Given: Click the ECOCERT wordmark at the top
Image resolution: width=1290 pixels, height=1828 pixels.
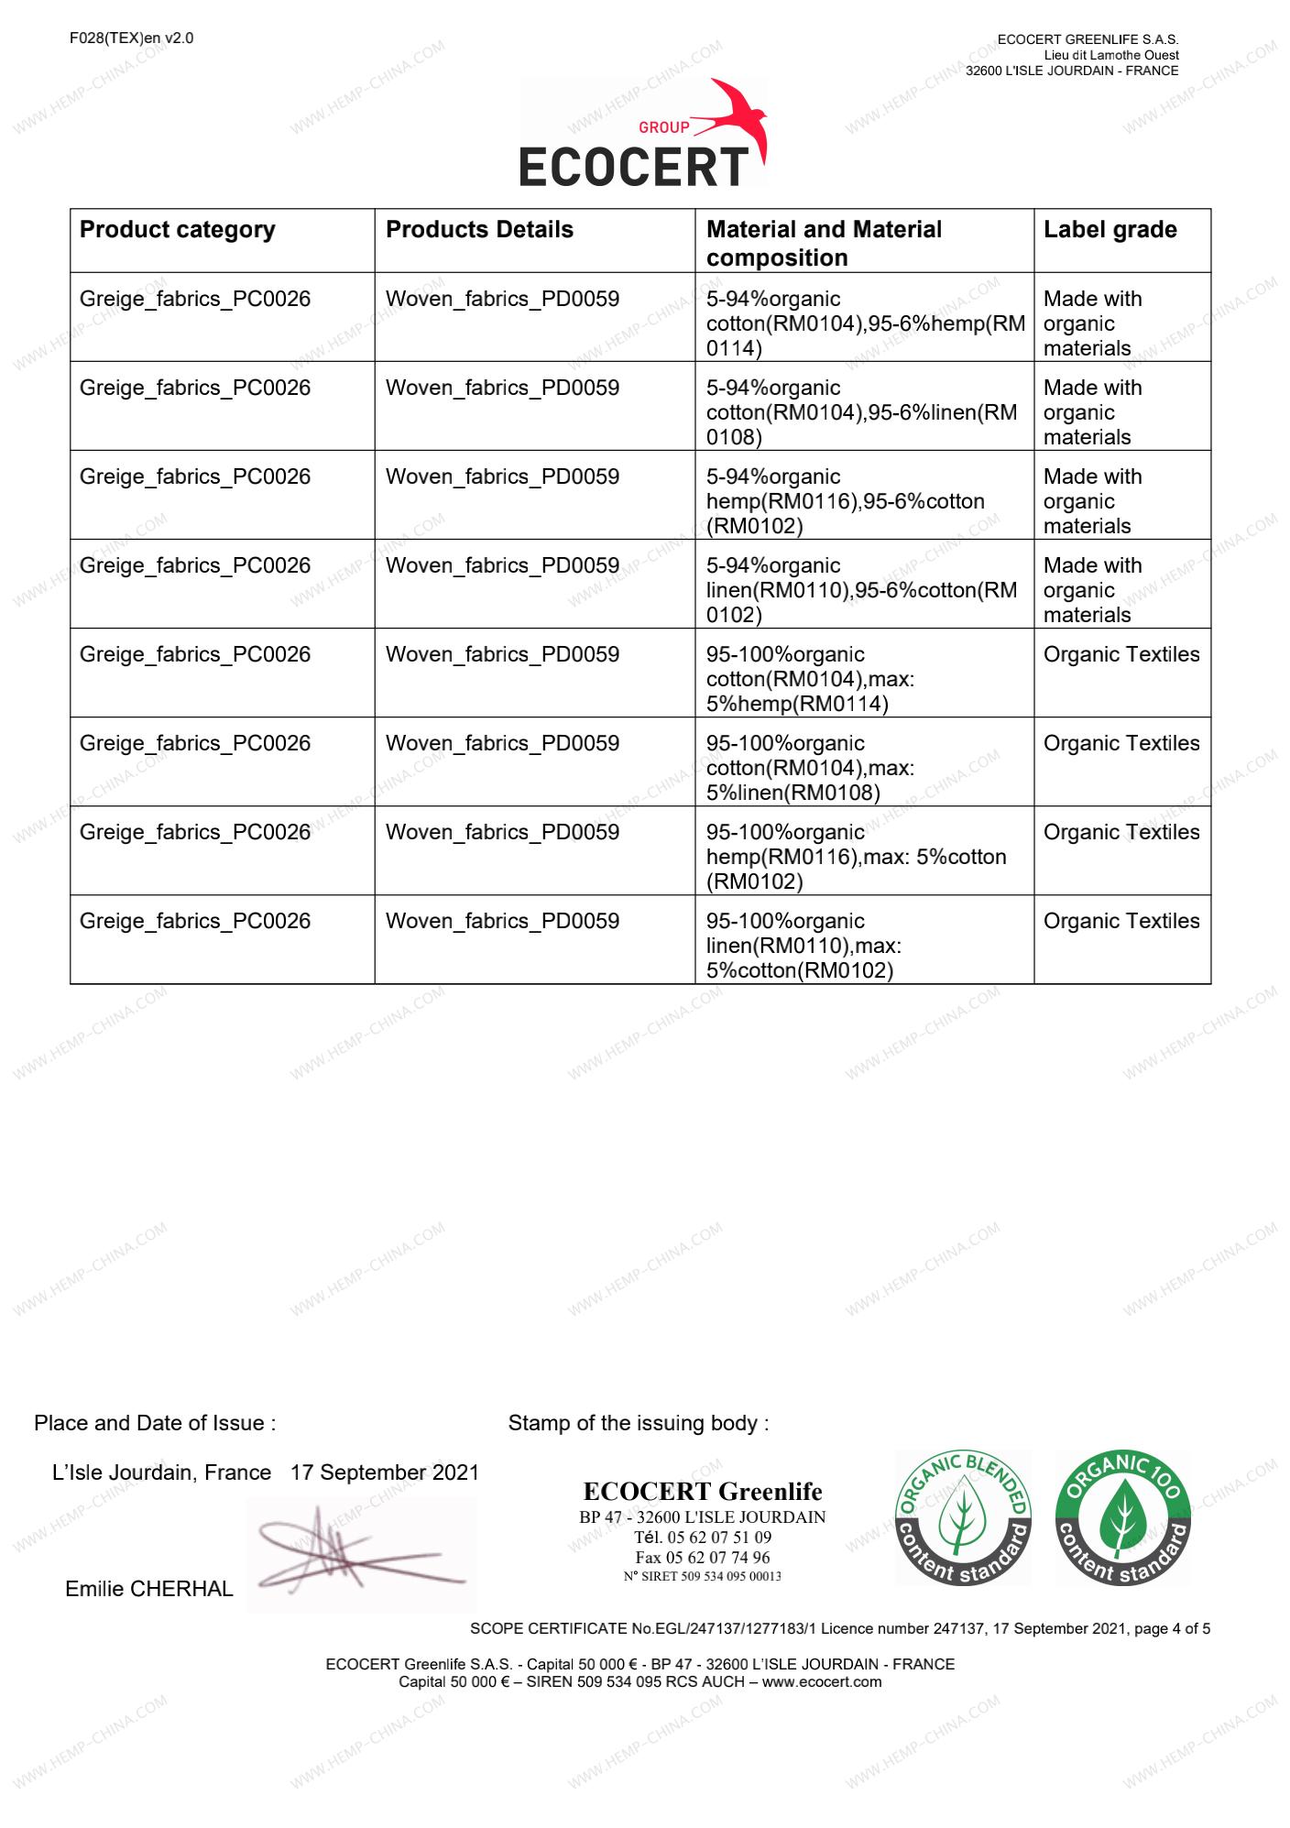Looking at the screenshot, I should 633,168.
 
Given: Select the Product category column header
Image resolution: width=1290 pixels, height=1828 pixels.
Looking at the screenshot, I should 177,229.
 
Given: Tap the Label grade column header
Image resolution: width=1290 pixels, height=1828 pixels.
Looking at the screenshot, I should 1110,229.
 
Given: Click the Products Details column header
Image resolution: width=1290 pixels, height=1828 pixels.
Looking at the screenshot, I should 479,229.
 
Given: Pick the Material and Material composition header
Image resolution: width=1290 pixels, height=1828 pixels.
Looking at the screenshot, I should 824,243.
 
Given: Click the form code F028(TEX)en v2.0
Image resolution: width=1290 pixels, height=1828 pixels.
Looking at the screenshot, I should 131,38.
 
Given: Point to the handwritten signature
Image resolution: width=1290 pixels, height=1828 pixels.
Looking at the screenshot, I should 357,1553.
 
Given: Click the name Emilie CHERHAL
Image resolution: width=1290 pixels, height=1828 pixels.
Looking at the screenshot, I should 149,1589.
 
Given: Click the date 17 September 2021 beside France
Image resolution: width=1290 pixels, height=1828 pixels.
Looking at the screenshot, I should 385,1472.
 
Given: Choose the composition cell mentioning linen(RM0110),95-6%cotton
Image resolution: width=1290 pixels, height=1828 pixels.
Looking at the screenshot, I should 861,590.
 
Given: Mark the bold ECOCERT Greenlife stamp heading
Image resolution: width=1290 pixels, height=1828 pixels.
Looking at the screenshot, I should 703,1492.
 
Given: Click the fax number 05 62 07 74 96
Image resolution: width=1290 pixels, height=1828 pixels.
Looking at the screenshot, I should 703,1558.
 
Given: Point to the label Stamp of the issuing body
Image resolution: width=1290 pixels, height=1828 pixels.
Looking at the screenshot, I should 638,1423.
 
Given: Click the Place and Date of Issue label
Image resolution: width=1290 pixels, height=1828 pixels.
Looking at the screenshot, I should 155,1423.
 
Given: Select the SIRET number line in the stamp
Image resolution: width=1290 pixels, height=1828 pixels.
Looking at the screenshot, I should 703,1577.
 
